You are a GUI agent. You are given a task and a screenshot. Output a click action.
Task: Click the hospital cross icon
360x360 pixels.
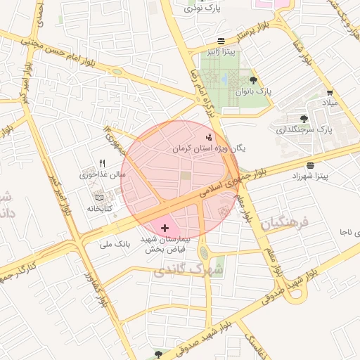pos(165,228)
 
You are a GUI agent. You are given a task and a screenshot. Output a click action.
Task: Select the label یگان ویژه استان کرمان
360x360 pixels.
pos(210,149)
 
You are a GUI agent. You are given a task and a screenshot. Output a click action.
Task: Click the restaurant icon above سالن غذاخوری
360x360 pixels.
pos(103,163)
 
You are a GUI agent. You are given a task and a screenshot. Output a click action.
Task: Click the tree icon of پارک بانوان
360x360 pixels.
pos(253,80)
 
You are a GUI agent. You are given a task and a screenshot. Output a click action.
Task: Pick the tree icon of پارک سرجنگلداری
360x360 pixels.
pos(304,119)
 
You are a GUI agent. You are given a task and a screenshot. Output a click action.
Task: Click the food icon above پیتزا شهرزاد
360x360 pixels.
pos(311,165)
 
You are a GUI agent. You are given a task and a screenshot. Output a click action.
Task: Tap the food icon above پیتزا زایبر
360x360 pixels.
pos(221,41)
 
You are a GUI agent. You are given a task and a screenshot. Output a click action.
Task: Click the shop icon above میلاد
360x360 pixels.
pos(330,92)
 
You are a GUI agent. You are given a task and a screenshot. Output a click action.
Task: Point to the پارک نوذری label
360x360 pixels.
pos(203,8)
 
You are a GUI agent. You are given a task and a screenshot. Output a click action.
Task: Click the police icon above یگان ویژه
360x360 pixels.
pos(208,137)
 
